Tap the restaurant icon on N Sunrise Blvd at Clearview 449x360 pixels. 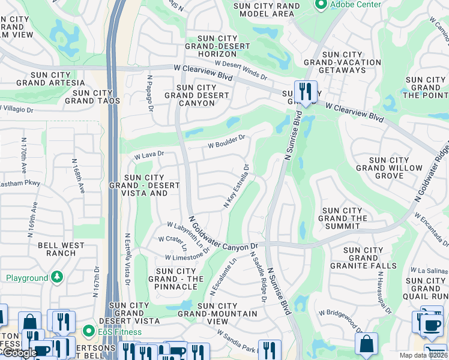[306, 92]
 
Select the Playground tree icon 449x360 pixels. [57, 277]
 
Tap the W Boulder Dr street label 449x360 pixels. [227, 141]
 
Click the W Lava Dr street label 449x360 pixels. [149, 155]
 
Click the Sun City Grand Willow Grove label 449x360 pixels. [388, 168]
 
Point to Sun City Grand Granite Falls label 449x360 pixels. [370, 258]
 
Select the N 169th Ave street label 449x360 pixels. [33, 219]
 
